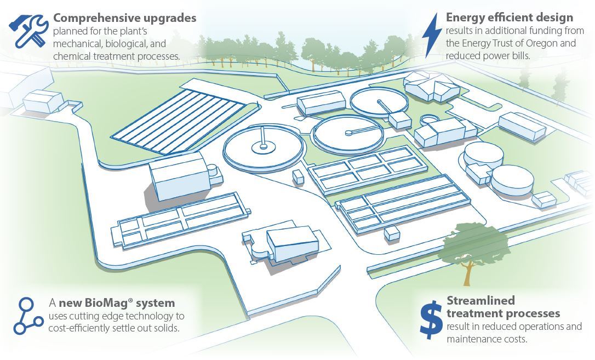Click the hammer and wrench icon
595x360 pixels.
click(x=27, y=30)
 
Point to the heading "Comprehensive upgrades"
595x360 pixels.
click(x=124, y=18)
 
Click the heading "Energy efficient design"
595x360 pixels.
click(x=510, y=18)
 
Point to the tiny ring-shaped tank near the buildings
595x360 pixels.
click(x=429, y=118)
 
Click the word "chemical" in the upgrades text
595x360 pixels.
click(x=71, y=56)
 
